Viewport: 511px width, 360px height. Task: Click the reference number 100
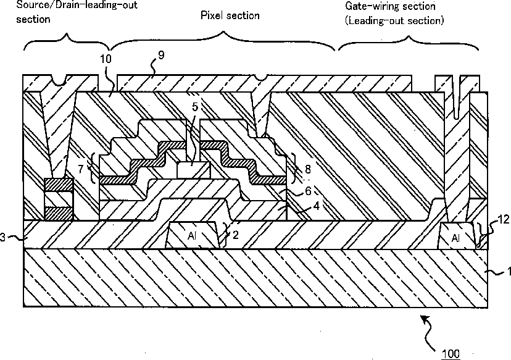(x=451, y=353)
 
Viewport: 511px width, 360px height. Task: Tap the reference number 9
(x=161, y=56)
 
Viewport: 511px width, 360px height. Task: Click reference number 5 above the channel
(x=194, y=106)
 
